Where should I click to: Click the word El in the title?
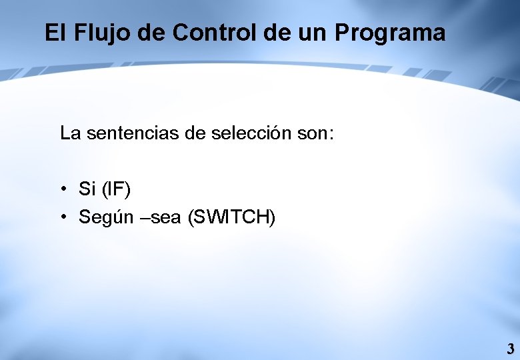click(54, 33)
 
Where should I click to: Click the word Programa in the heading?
click(390, 33)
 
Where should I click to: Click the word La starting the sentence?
click(70, 133)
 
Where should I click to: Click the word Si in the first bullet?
click(87, 189)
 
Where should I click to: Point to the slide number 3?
click(510, 349)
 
